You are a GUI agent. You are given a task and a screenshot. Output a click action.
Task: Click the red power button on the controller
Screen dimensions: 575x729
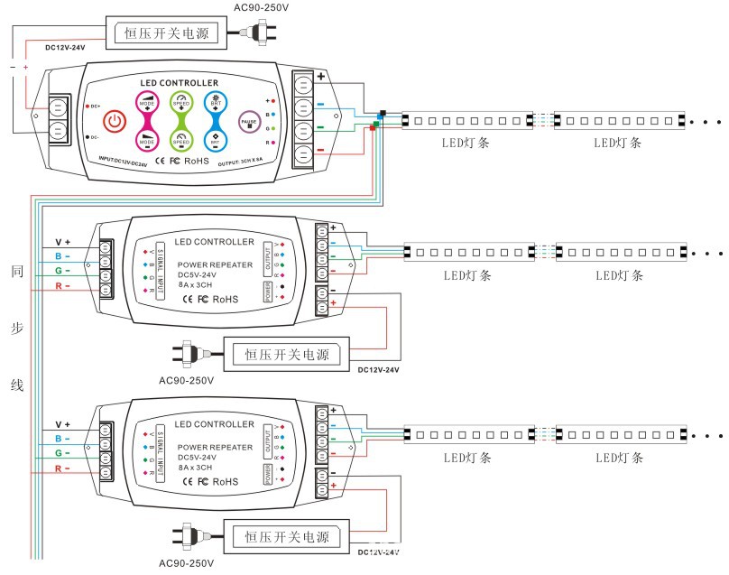(115, 121)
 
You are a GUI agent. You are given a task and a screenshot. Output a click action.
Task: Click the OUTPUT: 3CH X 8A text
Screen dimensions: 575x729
(259, 159)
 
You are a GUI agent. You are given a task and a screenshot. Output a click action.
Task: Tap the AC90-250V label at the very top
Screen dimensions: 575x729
(261, 8)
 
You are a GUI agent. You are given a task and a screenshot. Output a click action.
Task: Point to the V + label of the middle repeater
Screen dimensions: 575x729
(62, 243)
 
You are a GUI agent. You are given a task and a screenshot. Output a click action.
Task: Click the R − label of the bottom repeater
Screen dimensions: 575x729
(62, 468)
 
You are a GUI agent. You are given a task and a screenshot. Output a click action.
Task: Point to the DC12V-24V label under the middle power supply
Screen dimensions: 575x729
(378, 369)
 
